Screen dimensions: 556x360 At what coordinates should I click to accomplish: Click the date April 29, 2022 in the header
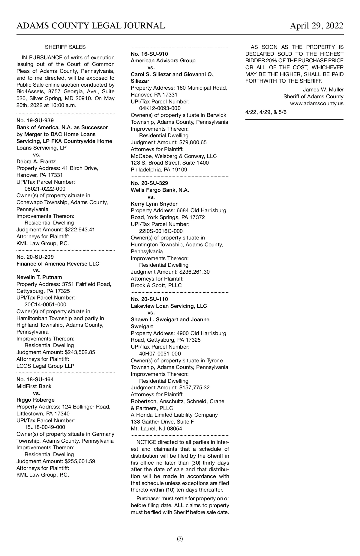316,26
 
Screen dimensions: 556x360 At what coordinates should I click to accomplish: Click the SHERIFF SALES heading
65,47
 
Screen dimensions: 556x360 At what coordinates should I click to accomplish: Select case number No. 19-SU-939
35,120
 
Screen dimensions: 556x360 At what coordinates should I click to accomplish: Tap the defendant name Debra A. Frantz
36,162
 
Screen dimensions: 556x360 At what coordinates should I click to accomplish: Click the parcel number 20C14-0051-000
45,305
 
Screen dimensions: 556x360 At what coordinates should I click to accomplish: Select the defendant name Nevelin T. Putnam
39,277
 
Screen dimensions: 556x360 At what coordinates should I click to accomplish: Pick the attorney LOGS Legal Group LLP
45,366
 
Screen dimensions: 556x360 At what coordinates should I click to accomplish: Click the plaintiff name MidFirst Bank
34,386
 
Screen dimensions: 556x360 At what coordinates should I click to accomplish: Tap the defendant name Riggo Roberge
35,400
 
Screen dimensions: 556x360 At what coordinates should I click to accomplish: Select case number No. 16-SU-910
149,54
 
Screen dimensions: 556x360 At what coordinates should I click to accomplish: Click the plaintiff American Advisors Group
163,61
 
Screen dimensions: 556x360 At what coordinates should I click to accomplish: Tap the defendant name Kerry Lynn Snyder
154,204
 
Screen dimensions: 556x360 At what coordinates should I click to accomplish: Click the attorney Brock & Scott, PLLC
156,285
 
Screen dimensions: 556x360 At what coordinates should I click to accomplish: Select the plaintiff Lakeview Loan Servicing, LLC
169,306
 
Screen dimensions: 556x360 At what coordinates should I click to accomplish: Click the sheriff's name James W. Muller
323,90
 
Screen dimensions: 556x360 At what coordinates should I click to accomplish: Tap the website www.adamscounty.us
316,103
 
